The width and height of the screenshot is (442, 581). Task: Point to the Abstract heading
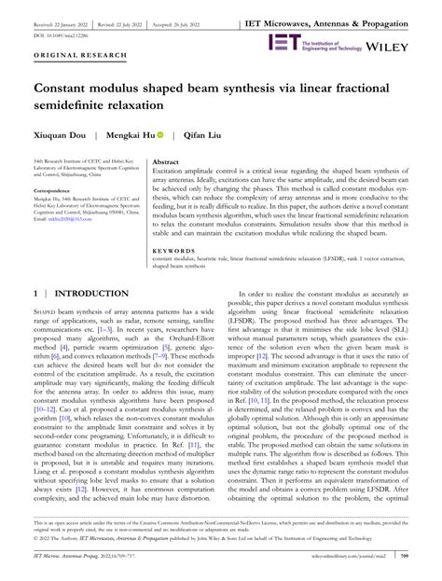(x=168, y=161)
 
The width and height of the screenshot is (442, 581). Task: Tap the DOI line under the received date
(x=60, y=20)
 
